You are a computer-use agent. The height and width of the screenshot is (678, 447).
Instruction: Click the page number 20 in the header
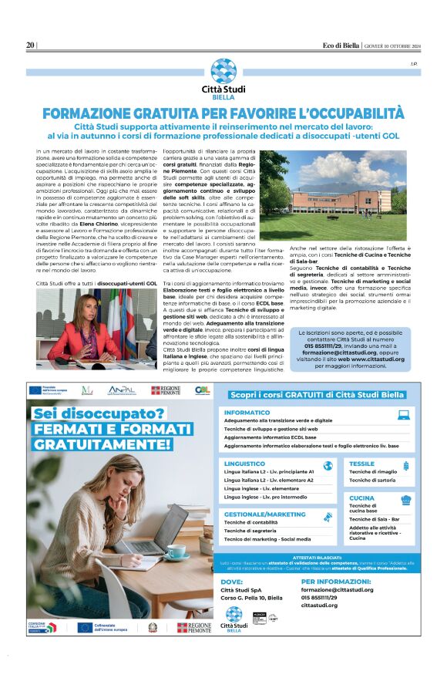pyautogui.click(x=30, y=45)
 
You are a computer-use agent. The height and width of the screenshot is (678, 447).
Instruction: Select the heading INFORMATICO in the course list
pyautogui.click(x=247, y=413)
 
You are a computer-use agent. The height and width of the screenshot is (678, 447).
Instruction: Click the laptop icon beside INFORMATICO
pyautogui.click(x=403, y=414)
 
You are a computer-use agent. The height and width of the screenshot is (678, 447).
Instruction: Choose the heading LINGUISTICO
pyautogui.click(x=245, y=464)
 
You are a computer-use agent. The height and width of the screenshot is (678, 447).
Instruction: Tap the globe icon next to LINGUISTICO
pyautogui.click(x=328, y=465)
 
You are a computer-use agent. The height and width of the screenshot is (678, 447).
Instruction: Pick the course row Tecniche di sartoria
pyautogui.click(x=371, y=481)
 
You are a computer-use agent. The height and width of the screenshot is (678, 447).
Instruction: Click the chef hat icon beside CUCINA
pyautogui.click(x=405, y=500)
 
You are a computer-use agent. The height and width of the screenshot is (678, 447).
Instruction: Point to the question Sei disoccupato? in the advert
pyautogui.click(x=99, y=414)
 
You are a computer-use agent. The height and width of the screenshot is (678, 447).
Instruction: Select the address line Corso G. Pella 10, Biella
pyautogui.click(x=250, y=598)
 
